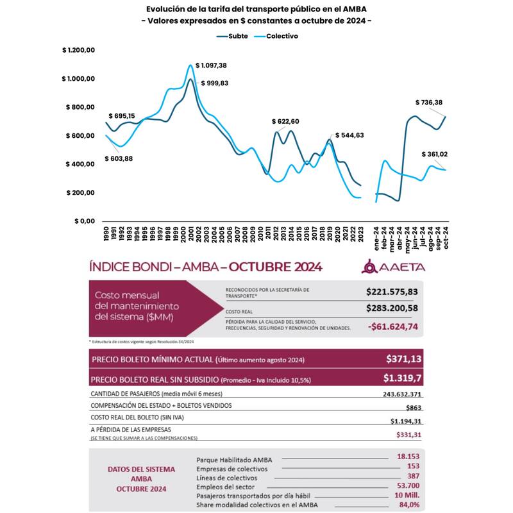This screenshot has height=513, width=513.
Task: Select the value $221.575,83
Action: [x=392, y=292]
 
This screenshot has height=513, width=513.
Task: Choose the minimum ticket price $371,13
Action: [x=404, y=359]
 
